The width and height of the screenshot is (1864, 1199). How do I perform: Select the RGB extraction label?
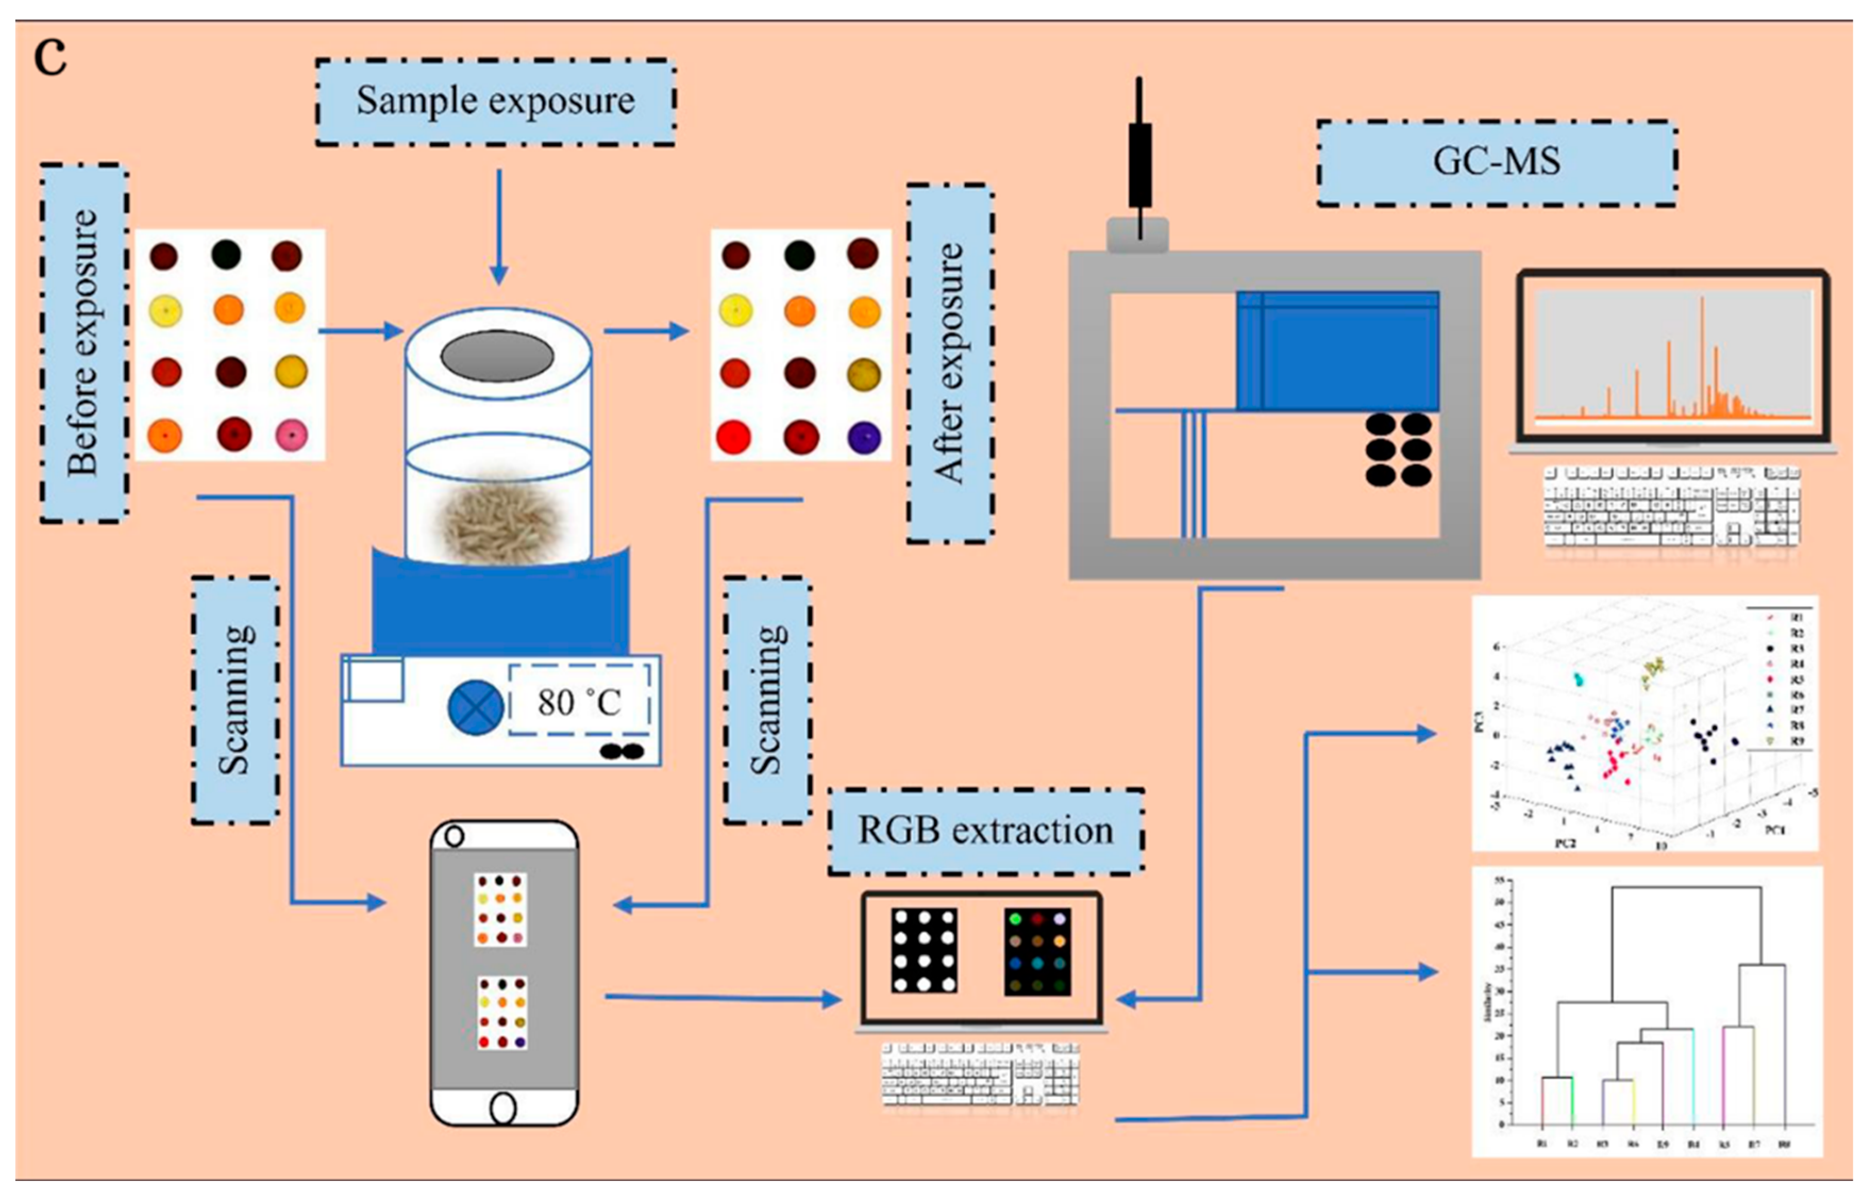pyautogui.click(x=985, y=831)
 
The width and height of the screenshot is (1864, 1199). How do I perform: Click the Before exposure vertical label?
pyautogui.click(x=83, y=342)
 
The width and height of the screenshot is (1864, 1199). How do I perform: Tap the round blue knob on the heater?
pyautogui.click(x=475, y=708)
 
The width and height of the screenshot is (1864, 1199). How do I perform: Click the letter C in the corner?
pyautogui.click(x=51, y=58)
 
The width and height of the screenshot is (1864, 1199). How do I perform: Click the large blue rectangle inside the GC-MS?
pyautogui.click(x=1337, y=351)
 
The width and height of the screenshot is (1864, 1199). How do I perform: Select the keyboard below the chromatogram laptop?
pyautogui.click(x=1671, y=508)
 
